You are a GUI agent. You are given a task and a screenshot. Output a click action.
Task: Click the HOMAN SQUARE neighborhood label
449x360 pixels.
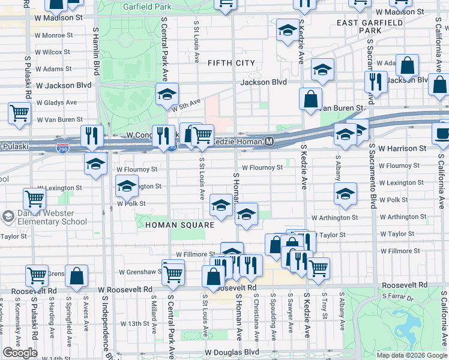[179, 225]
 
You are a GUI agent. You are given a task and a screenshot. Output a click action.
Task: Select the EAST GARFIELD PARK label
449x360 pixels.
[359, 26]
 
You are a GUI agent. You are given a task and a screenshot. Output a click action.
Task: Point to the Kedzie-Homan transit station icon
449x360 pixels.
[270, 142]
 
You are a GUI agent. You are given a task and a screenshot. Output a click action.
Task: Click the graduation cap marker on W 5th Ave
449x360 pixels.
[167, 93]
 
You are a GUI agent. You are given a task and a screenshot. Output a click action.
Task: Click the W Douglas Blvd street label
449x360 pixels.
[232, 352]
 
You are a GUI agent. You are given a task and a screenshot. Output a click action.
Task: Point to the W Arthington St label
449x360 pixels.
[334, 217]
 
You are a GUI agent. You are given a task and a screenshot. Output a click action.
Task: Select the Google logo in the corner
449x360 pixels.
[20, 353]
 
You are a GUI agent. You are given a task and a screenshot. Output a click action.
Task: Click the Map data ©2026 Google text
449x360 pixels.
[411, 355]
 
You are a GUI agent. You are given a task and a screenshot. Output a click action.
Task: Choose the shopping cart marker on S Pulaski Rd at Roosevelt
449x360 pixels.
[37, 275]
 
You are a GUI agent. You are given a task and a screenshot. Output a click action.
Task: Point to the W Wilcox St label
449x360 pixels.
[53, 52]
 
